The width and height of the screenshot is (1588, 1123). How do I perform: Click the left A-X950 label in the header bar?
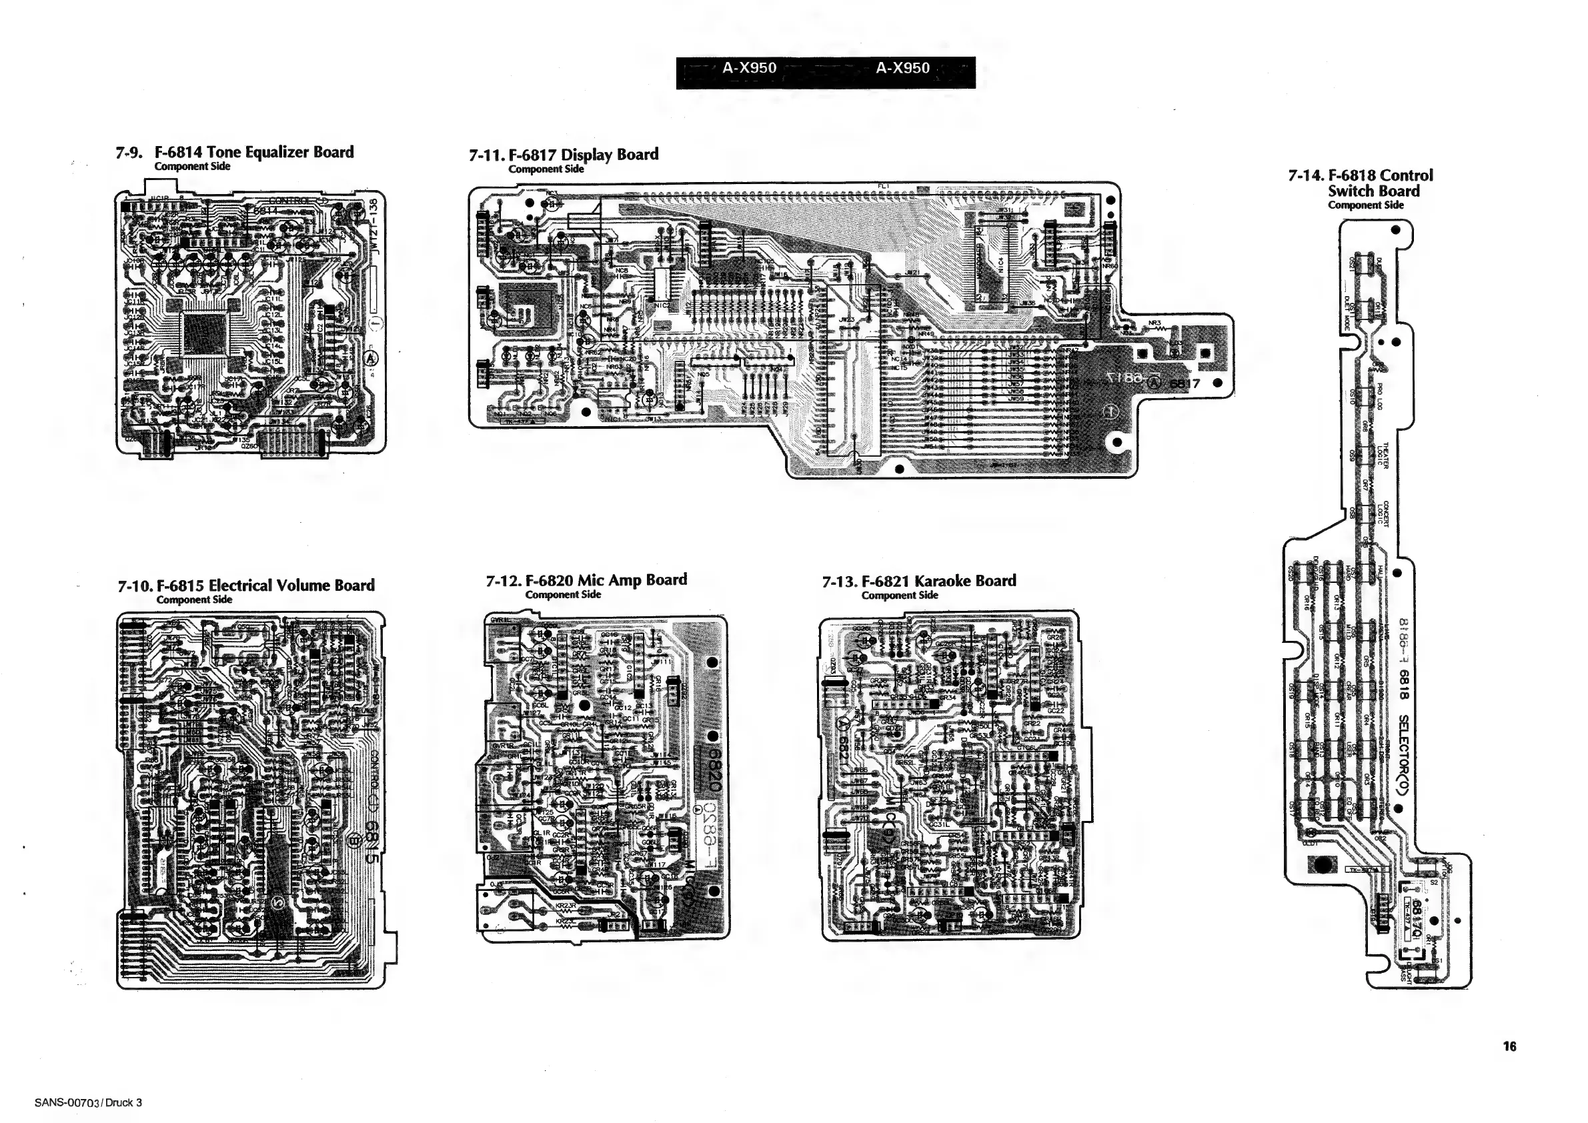point(749,69)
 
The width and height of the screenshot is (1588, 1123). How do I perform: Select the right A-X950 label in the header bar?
point(902,69)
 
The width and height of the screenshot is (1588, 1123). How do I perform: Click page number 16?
point(1509,1046)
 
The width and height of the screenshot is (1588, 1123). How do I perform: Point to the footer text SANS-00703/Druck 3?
point(88,1102)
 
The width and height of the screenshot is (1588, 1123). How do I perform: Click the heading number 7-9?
point(129,153)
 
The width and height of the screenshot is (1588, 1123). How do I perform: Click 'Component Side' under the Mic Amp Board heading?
point(563,595)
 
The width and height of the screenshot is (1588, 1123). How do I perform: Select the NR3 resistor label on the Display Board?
point(1154,323)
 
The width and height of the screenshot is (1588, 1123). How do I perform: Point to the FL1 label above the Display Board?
point(883,186)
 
